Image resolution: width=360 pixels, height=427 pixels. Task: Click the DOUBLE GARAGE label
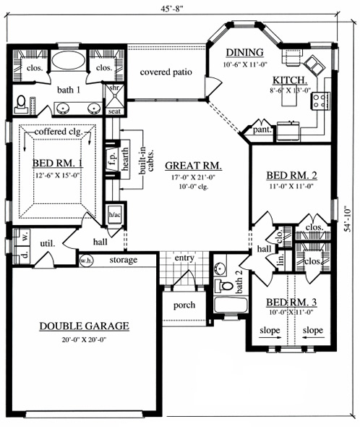(x=84, y=326)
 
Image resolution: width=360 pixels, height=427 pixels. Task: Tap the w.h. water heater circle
(x=85, y=260)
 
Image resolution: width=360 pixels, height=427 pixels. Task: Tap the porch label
(x=184, y=305)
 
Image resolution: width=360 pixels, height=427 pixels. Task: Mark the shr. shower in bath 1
(x=113, y=90)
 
